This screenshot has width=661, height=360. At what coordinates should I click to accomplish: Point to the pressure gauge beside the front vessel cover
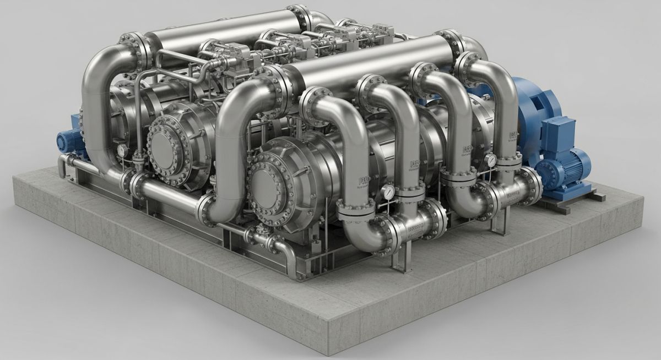pos(389,191)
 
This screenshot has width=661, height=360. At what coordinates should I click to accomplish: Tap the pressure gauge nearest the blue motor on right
pos(490,160)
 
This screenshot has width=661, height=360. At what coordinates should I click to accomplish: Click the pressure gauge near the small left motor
pos(121,150)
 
